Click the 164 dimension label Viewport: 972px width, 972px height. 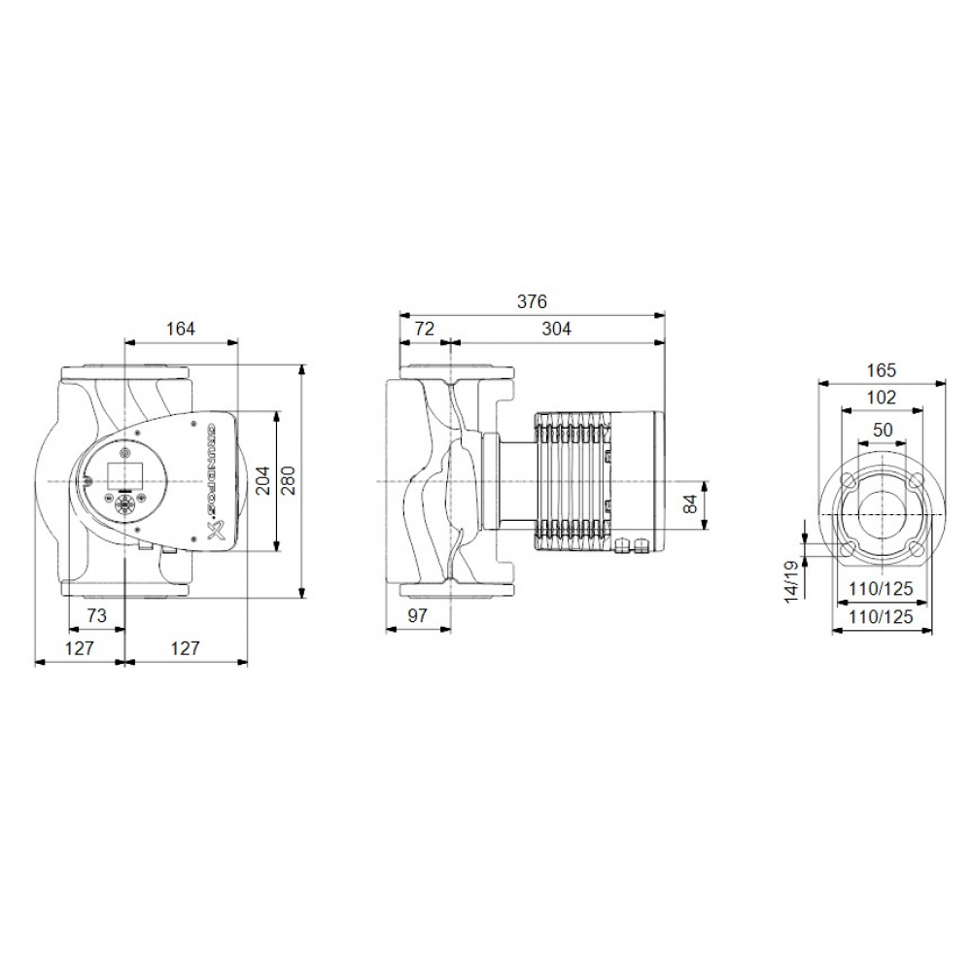[x=180, y=330]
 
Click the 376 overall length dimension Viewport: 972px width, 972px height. [x=532, y=301]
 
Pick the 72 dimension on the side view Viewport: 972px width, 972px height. [x=424, y=330]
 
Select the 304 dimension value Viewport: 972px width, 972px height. [x=556, y=330]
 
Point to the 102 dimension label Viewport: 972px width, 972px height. [x=880, y=397]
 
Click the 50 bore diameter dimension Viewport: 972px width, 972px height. [x=881, y=430]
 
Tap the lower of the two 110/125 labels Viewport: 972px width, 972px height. [x=881, y=617]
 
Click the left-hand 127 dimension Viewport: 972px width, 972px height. [x=79, y=648]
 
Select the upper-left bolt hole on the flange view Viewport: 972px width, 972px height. [x=847, y=480]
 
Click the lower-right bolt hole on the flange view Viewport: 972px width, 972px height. [x=916, y=549]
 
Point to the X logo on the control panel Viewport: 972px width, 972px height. [x=217, y=532]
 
